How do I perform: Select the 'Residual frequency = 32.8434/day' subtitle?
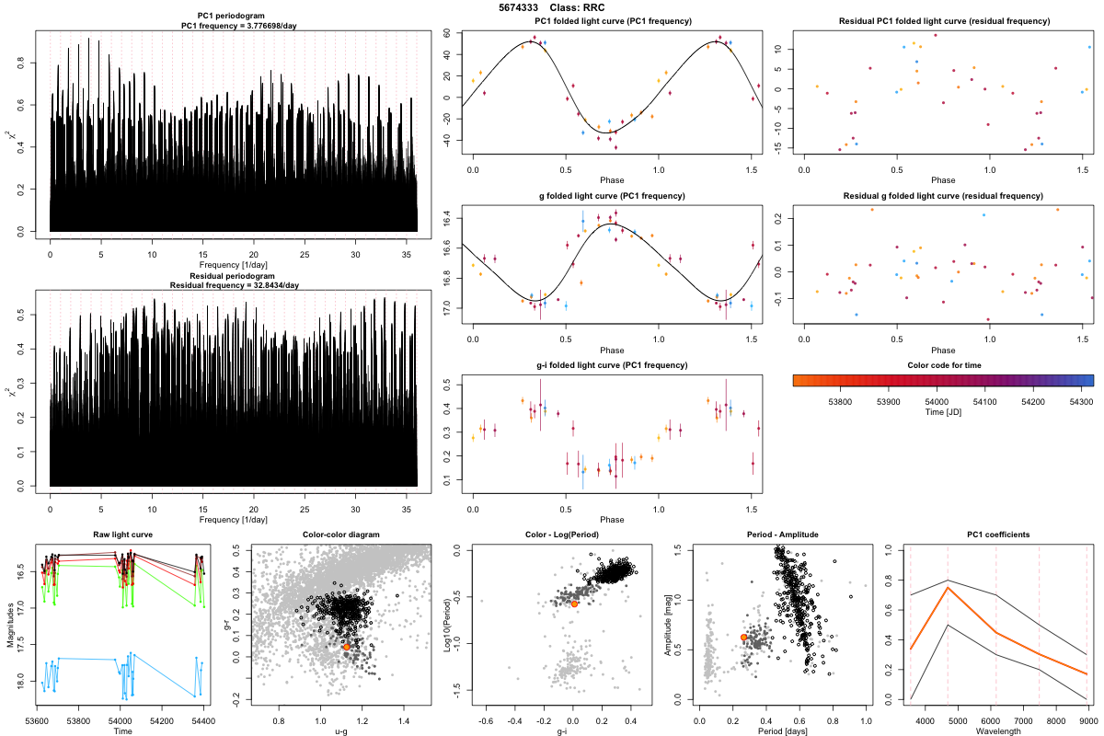[234, 285]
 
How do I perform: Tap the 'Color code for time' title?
[943, 365]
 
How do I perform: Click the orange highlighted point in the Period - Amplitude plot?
[743, 637]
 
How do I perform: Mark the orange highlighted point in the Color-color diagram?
[346, 647]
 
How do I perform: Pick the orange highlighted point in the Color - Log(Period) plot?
[574, 604]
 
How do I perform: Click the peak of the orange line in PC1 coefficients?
[948, 588]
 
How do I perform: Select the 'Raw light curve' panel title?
[122, 535]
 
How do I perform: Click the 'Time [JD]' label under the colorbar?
[943, 414]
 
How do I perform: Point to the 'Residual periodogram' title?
[234, 276]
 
